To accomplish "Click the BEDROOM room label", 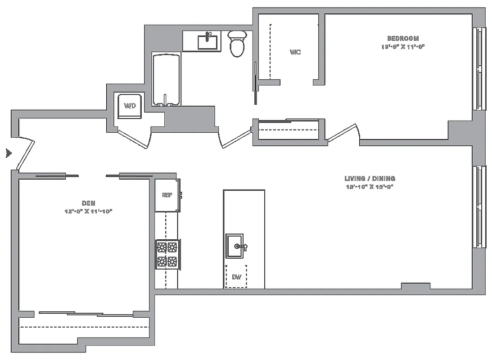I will coord(403,39).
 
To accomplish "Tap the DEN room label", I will coord(88,203).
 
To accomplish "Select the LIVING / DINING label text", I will coord(370,179).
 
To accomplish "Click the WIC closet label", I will coord(295,52).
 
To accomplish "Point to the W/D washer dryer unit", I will coord(130,106).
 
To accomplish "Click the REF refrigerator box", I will coord(167,195).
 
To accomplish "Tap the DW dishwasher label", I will coord(236,277).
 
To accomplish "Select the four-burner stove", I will coord(167,254).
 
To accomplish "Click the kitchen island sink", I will coord(235,246).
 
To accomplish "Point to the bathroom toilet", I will coord(237,43).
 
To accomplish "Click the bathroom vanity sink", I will coord(209,41).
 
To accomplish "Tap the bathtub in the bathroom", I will coord(167,80).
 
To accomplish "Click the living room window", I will coord(479,207).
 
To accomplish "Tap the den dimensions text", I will coord(88,211).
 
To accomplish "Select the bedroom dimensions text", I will coord(403,46).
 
